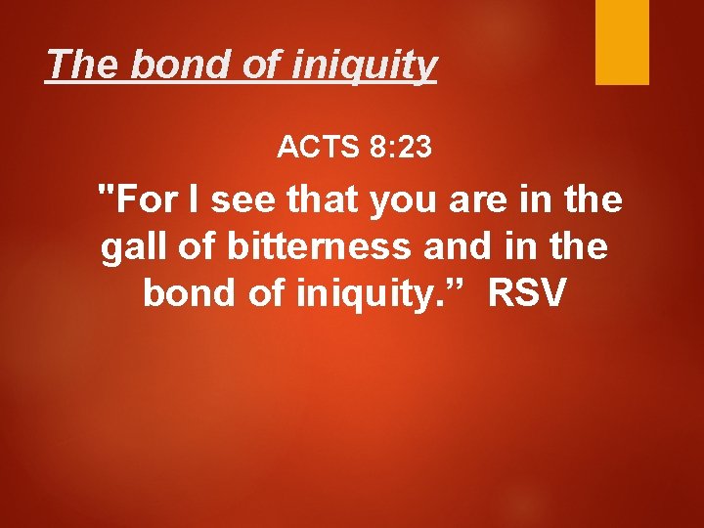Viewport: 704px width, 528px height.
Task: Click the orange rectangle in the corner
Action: [x=622, y=42]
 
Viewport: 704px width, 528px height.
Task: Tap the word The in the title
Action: [x=78, y=66]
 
